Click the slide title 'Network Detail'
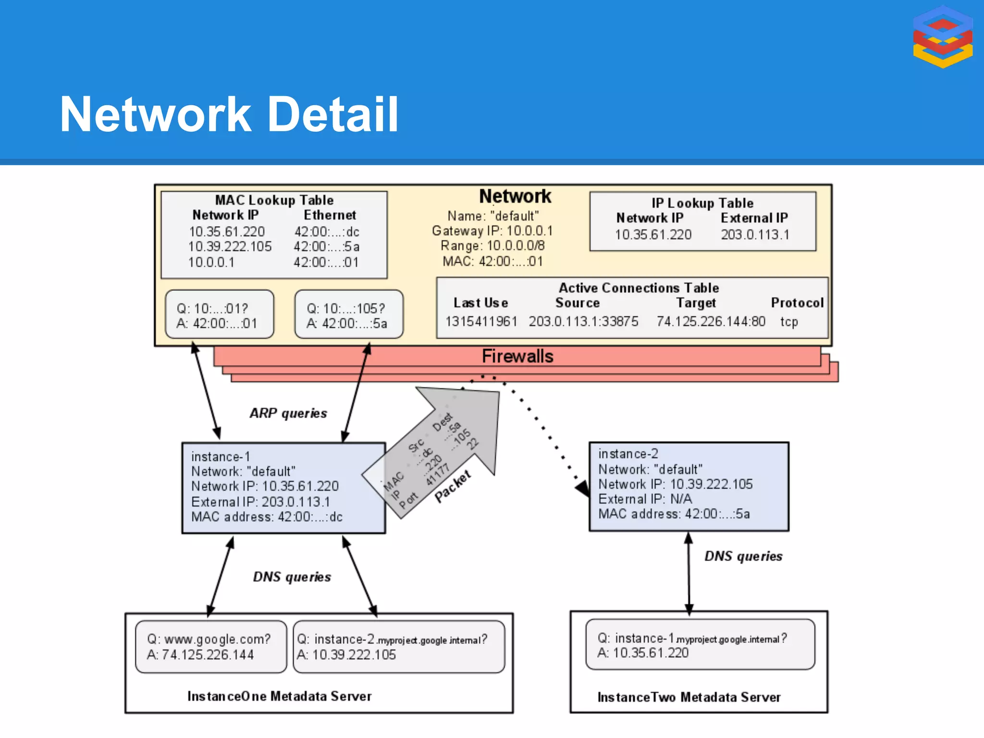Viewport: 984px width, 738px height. (229, 114)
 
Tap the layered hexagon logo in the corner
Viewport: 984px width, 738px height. (943, 37)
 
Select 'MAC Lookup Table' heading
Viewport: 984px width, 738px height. (274, 200)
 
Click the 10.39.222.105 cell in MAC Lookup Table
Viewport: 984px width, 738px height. (230, 246)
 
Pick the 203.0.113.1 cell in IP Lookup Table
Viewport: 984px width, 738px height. (755, 234)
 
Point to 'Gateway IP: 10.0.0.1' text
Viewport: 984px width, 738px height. (492, 231)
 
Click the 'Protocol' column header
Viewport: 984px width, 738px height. (797, 303)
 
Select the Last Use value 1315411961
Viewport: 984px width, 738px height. (481, 321)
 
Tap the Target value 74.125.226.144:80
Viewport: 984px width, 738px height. (711, 321)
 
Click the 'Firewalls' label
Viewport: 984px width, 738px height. (517, 357)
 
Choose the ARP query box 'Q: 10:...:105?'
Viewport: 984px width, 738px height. (349, 315)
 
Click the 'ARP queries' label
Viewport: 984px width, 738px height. (288, 413)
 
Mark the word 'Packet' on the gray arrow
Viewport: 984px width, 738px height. (453, 486)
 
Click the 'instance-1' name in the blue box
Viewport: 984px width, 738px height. (221, 456)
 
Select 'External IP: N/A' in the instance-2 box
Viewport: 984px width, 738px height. (645, 499)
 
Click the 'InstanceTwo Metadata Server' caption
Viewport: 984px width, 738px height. (689, 697)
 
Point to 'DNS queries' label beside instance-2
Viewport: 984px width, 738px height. (743, 556)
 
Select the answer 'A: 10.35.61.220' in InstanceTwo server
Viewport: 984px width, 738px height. (643, 653)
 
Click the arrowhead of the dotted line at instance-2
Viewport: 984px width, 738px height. (583, 489)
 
